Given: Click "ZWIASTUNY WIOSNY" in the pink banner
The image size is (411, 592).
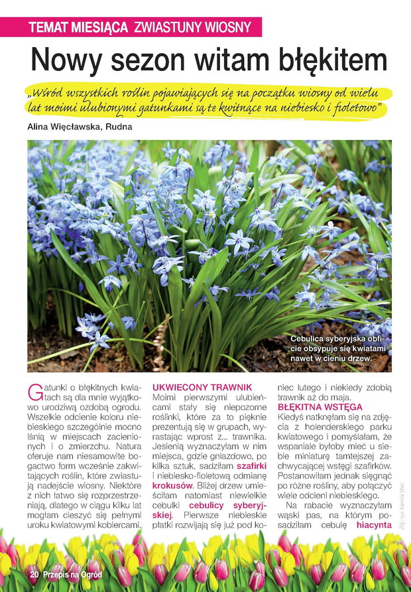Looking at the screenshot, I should (x=192, y=27).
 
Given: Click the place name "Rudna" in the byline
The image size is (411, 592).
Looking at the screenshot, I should (x=118, y=127).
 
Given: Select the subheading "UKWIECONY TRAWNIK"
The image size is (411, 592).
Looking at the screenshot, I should (x=202, y=387).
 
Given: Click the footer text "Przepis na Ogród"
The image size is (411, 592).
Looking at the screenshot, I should (x=74, y=573).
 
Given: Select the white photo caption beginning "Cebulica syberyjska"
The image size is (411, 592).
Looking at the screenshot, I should (x=337, y=350).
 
